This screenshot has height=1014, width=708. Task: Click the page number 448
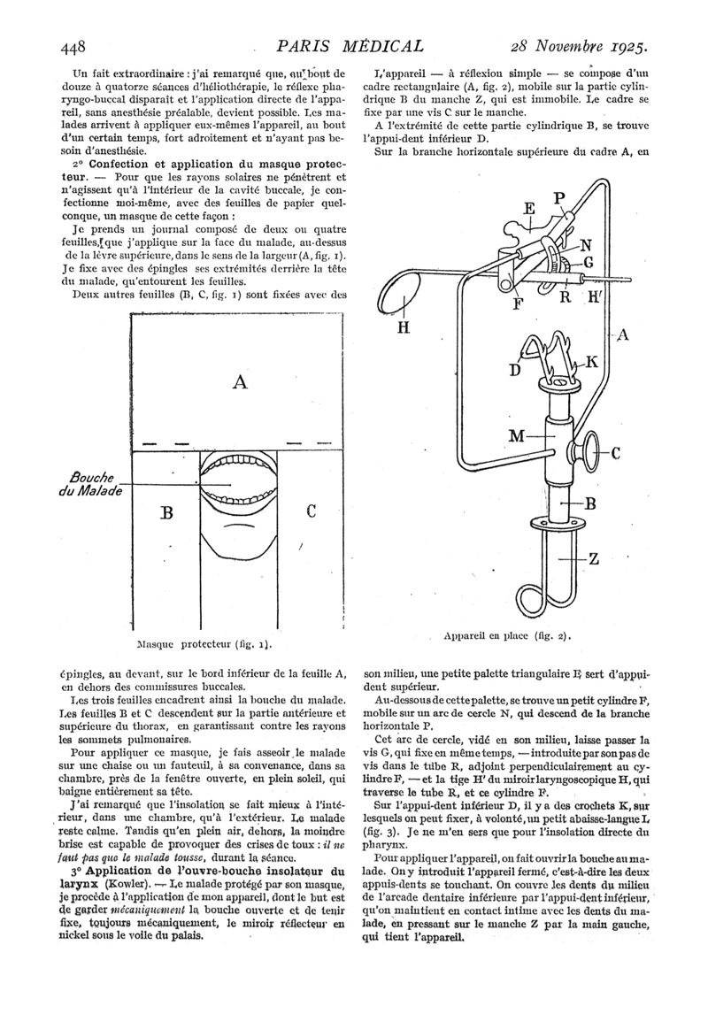(73, 47)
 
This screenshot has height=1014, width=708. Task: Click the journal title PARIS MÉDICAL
(350, 46)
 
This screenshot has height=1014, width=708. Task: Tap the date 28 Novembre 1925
(579, 47)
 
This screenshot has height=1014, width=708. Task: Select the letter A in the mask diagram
(239, 382)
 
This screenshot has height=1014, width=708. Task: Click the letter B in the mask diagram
(166, 513)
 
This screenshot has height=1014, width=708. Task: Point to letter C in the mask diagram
(311, 511)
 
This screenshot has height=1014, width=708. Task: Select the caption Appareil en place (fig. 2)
(506, 635)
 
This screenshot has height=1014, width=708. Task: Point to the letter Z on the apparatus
(594, 559)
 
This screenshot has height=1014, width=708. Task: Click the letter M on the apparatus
(516, 436)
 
